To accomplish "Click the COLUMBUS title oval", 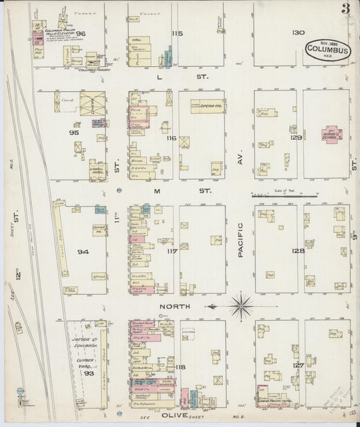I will [328, 49].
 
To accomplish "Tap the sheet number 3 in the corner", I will [345, 9].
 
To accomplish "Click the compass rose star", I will [241, 306].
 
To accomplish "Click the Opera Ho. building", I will [207, 106].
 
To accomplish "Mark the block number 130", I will [298, 32].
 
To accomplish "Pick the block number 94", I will [83, 252].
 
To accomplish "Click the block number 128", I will [298, 250].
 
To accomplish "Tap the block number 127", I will [298, 365].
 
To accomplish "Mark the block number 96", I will [81, 33].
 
